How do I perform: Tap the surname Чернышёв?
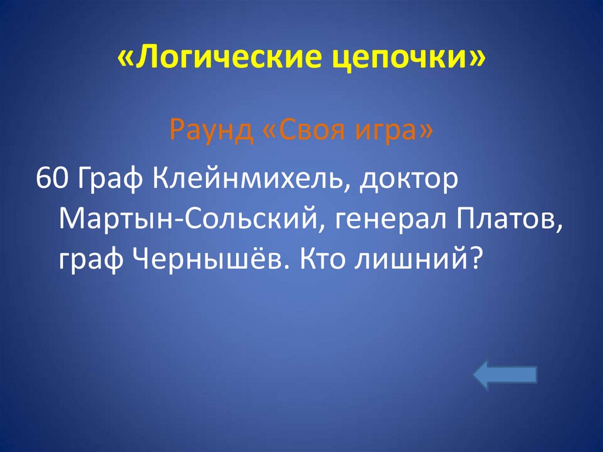(x=206, y=258)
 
